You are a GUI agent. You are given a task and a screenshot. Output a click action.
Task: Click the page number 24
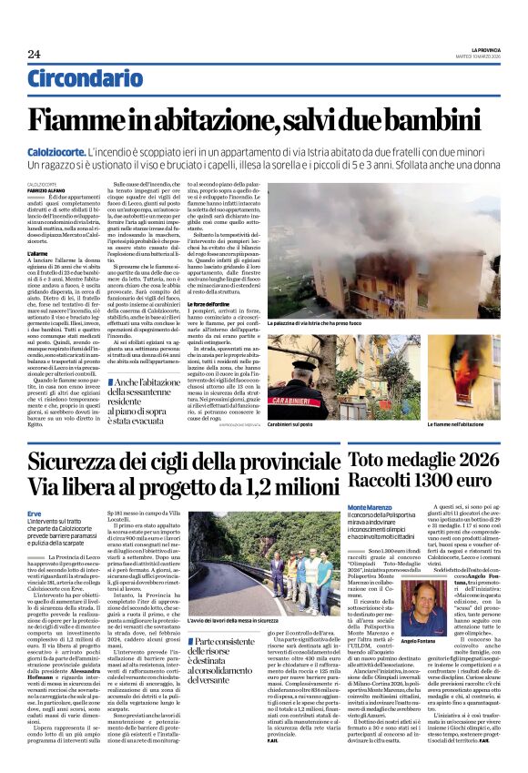34,54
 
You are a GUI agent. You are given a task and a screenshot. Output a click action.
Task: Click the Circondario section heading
90,80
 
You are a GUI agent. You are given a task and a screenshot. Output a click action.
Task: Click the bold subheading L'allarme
38,252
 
